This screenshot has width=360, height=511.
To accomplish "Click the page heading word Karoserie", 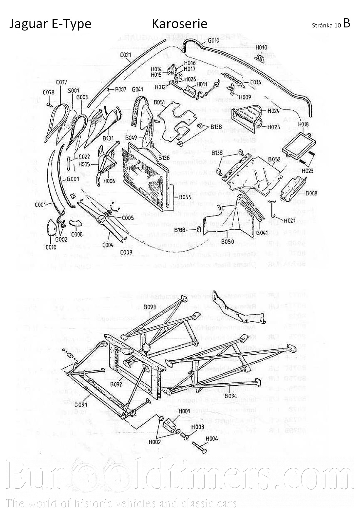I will point(179,24).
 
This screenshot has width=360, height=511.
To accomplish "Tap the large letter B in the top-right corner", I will point(346,23).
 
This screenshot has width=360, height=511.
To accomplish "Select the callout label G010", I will point(214,40).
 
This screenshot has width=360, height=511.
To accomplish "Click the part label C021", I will point(126,55).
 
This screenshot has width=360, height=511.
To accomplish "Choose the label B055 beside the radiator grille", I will point(185,197).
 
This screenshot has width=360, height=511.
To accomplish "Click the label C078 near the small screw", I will point(49,92).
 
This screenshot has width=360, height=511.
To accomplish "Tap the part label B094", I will point(231,396).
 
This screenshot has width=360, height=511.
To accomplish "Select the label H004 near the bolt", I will point(212,439).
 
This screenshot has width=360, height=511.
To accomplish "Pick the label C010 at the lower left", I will point(51,247).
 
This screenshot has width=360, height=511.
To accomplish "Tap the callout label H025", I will point(274,127).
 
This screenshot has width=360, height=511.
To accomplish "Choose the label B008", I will point(311,194).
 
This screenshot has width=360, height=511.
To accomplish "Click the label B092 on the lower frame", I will point(116,385).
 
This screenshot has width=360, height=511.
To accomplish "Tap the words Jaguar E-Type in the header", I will point(50,24).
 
